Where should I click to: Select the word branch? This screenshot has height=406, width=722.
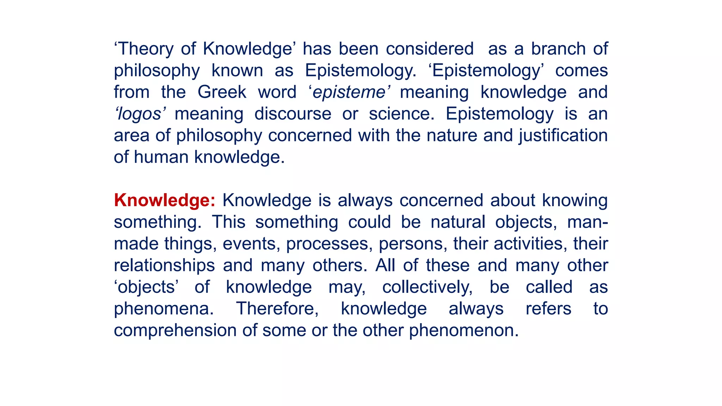click(558, 49)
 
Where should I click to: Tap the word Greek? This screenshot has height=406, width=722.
click(222, 92)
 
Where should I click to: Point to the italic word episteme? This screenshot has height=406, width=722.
click(349, 92)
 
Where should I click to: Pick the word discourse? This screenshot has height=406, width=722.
click(293, 114)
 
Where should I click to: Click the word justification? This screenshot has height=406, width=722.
click(563, 136)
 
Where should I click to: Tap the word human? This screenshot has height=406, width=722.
click(161, 157)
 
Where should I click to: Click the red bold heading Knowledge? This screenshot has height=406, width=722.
click(165, 201)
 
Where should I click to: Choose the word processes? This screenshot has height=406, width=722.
click(329, 244)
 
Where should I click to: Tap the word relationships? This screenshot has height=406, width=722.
click(164, 266)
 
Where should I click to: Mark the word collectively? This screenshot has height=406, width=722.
click(427, 287)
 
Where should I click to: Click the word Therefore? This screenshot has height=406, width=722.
click(277, 309)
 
